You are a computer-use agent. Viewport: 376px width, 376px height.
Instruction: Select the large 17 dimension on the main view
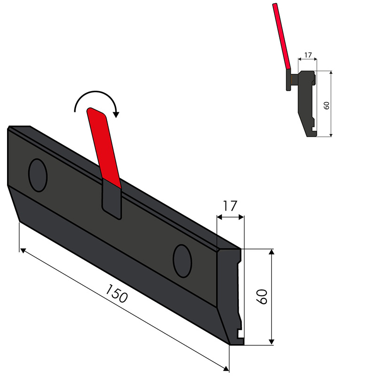coord(230,206)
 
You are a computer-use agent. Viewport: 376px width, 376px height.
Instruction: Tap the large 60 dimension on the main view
coord(262,297)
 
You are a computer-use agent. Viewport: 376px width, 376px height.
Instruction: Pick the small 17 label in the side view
coord(308,55)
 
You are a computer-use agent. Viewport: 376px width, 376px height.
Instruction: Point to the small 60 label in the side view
coord(326,105)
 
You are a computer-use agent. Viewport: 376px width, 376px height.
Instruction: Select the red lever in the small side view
coord(282,35)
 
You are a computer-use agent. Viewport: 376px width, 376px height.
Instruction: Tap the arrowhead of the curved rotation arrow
coord(117,113)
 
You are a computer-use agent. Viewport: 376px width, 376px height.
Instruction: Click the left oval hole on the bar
coord(38,175)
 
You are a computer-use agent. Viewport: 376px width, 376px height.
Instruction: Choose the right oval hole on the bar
coord(182,260)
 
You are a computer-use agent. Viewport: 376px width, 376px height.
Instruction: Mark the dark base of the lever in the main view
coord(112,200)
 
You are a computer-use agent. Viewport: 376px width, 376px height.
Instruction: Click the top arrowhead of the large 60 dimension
coord(271,253)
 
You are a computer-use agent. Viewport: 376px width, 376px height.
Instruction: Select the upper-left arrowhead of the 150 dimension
coord(23,250)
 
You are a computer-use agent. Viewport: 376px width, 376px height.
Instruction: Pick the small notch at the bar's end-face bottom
coord(240,334)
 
